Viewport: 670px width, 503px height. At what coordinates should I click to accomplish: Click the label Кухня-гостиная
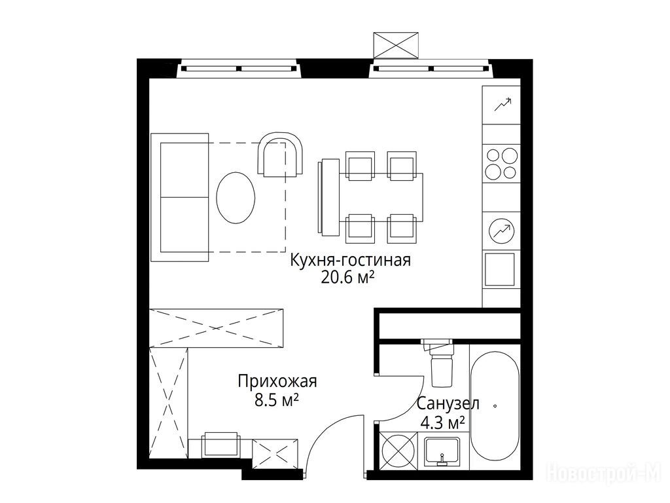click(351, 260)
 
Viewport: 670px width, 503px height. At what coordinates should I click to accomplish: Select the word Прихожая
click(277, 381)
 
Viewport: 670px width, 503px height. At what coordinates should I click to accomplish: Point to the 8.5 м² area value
click(276, 400)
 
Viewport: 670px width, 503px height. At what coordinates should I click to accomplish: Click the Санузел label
click(448, 403)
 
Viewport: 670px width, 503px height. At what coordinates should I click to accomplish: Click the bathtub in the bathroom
click(495, 405)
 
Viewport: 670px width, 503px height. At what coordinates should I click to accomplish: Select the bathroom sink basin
click(442, 452)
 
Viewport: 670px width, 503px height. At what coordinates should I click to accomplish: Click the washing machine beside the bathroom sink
click(398, 451)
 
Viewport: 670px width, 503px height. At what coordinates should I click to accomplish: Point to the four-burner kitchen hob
click(501, 164)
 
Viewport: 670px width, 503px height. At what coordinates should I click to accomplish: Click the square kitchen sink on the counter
click(499, 269)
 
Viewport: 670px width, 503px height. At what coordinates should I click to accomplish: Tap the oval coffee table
click(236, 197)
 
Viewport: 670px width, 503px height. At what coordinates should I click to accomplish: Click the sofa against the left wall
click(180, 197)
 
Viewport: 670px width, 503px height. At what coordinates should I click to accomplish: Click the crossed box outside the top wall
click(396, 45)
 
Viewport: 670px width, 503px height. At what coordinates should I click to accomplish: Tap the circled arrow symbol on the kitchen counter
click(502, 231)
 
